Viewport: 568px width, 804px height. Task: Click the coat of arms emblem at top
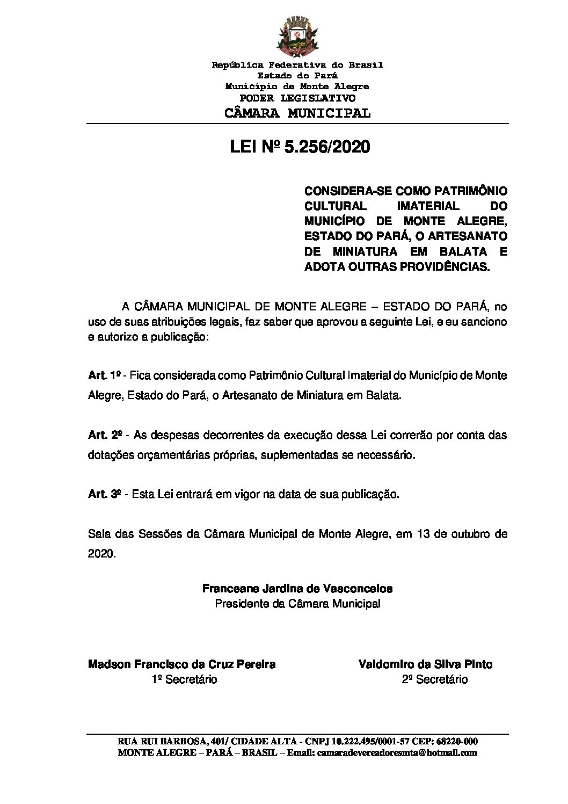point(297,38)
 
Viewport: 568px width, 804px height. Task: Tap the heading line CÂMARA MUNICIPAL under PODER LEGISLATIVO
point(297,113)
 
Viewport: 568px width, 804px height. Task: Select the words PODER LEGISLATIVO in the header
point(297,98)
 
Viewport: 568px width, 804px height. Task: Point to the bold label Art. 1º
point(106,375)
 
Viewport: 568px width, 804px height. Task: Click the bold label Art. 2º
point(106,434)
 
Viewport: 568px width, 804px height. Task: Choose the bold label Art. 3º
point(106,494)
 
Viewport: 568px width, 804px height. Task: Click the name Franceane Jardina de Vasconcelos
point(297,588)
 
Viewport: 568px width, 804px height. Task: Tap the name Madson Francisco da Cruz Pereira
point(181,664)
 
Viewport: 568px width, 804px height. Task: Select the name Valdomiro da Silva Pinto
point(425,664)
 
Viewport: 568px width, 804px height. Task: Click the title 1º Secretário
point(184,679)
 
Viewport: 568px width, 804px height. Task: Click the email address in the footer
point(397,752)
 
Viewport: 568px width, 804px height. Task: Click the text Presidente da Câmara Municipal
point(297,604)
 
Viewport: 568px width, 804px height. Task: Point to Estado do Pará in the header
point(297,76)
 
